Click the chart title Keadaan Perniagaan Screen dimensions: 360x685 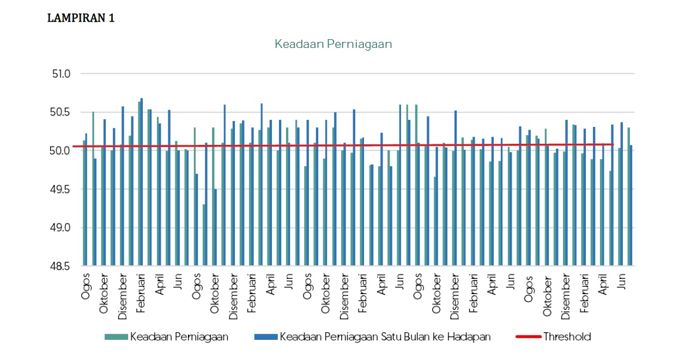(333, 44)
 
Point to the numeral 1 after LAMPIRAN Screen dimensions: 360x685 (111, 18)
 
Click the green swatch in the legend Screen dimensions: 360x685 (116, 337)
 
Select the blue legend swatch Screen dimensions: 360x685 (266, 337)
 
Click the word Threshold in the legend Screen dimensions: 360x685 (567, 337)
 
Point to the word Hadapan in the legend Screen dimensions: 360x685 (469, 337)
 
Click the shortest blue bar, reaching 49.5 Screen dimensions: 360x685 (215, 228)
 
